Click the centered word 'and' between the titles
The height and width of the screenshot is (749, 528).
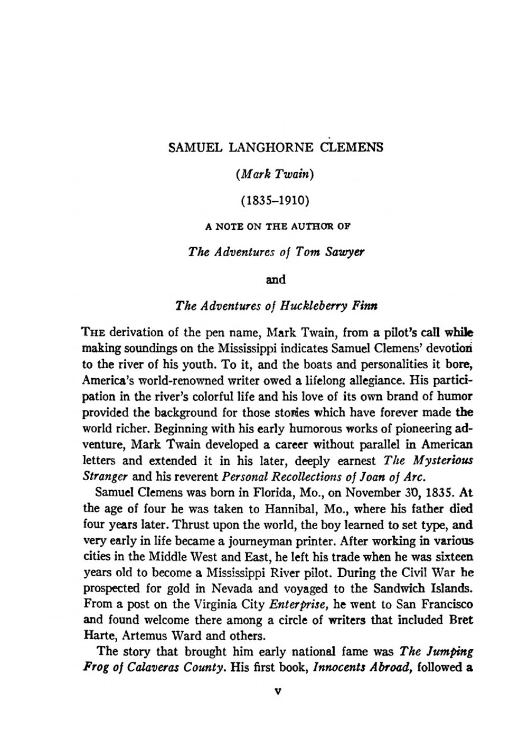tap(275, 279)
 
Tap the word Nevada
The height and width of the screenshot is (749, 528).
tap(234, 588)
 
